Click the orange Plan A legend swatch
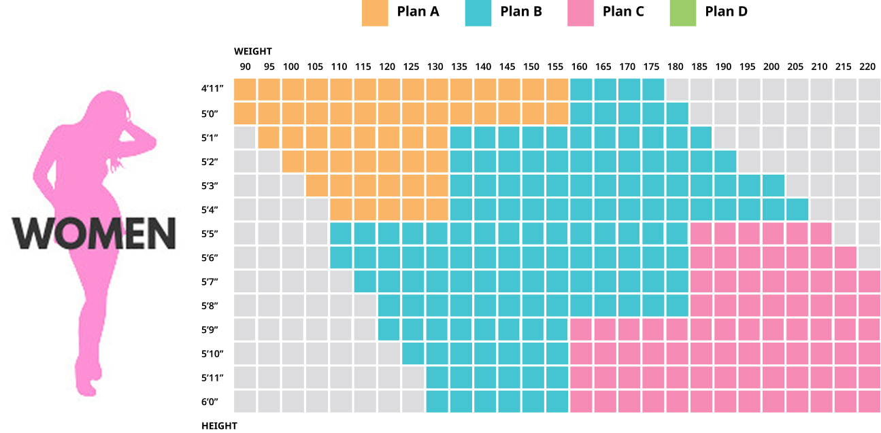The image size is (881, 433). tap(375, 12)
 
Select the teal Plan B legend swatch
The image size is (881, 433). tap(478, 12)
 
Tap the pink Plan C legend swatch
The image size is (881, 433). tap(580, 12)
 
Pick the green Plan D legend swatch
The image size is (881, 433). tap(683, 12)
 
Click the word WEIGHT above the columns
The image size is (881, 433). tap(253, 51)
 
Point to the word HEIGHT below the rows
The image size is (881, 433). tap(220, 426)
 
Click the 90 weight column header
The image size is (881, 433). tap(246, 67)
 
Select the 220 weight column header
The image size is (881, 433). tap(867, 67)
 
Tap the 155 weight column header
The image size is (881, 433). tap(556, 67)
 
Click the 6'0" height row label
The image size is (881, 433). tap(210, 402)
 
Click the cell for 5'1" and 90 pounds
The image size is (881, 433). tap(246, 137)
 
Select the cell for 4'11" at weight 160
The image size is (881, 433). tap(580, 89)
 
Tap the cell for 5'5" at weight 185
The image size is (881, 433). tap(700, 233)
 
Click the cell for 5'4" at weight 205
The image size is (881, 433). tap(796, 209)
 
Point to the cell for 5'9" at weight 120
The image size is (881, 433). tap(388, 330)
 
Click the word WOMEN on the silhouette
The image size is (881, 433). tap(95, 233)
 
